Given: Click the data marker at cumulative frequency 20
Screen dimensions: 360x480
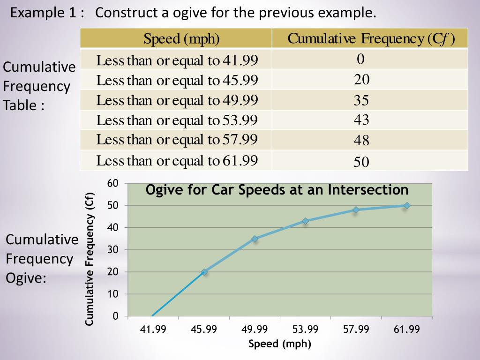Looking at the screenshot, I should [x=204, y=272].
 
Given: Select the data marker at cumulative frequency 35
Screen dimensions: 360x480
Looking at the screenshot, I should [x=255, y=239].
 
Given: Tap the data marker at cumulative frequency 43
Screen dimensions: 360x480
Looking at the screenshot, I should [x=306, y=221].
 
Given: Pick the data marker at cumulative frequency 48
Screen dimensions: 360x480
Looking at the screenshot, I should [x=356, y=210].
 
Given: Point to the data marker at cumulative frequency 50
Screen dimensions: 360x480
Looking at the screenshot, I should [x=407, y=205].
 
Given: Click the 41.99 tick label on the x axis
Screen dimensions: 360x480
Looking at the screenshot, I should [x=153, y=330].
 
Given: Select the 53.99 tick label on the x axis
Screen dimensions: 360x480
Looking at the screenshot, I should [x=305, y=330].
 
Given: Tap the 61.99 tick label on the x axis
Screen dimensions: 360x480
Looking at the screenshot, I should [x=407, y=330].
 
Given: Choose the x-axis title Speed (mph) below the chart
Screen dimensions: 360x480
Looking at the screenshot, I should [x=280, y=344].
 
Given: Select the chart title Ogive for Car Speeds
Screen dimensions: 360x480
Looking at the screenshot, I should [x=277, y=190].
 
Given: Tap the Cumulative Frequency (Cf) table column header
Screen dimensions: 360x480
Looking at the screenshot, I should [x=371, y=38].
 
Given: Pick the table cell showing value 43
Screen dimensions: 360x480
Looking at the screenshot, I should [x=361, y=120].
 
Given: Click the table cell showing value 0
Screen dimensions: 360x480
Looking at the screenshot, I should [x=360, y=59].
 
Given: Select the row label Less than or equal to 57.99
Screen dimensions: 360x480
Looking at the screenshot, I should [x=177, y=140].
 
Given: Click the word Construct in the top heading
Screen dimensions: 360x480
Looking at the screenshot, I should [x=127, y=13].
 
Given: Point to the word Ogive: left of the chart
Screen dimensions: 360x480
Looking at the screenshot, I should [x=26, y=278].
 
